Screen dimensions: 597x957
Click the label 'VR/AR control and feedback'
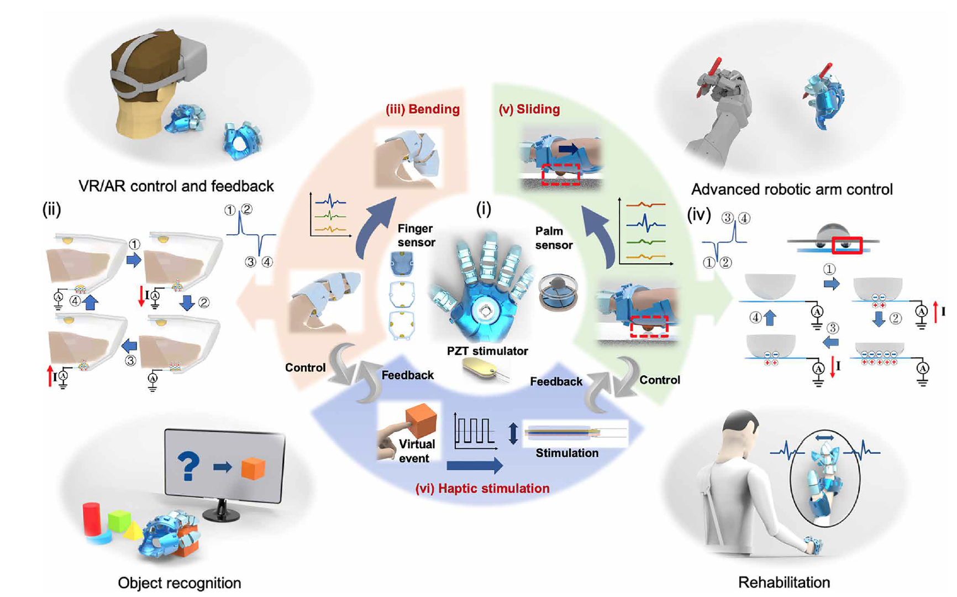(x=176, y=186)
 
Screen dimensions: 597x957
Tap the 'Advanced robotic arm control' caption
(x=791, y=190)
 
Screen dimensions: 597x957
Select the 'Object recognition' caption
(x=179, y=583)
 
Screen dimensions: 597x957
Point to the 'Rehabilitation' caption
(x=784, y=582)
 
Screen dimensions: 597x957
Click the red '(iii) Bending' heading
(x=423, y=109)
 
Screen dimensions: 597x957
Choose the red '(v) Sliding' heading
(x=529, y=109)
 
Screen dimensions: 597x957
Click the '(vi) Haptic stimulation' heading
(x=482, y=488)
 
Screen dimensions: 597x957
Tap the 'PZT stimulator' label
(x=487, y=351)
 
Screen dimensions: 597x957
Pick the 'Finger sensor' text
(x=416, y=235)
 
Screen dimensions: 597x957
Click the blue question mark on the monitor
(x=188, y=466)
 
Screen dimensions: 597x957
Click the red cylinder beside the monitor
(x=91, y=519)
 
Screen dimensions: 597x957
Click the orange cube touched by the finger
(x=421, y=421)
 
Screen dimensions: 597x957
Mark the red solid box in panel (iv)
(x=847, y=245)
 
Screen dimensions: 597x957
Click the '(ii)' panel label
(x=51, y=210)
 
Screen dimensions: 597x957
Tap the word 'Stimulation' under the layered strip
(x=567, y=453)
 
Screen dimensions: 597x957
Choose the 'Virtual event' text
(x=416, y=451)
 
